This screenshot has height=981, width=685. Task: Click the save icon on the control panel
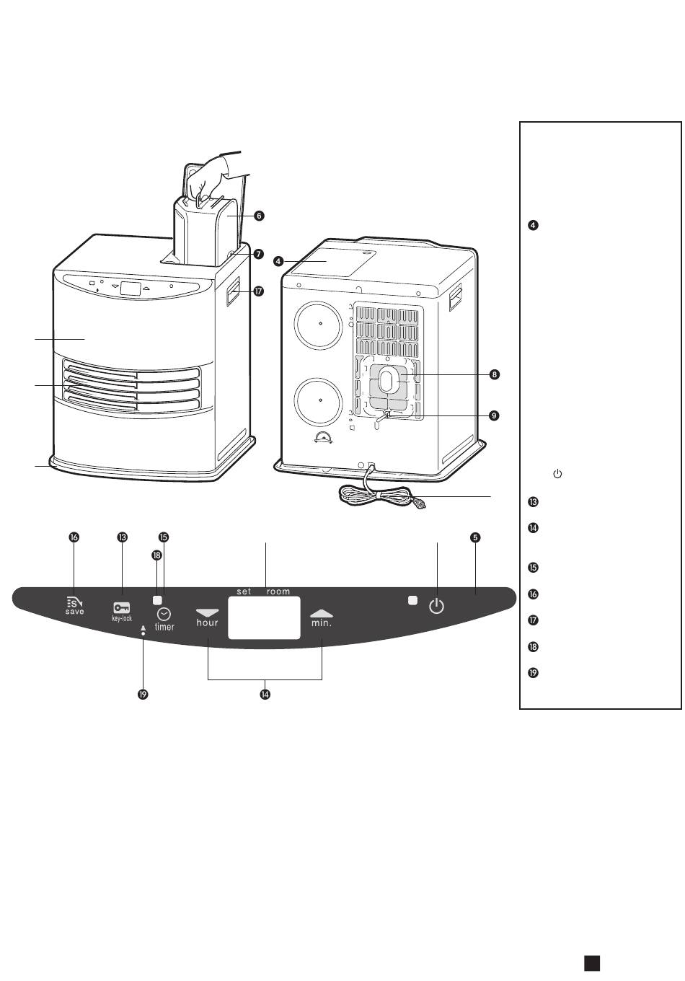click(x=74, y=602)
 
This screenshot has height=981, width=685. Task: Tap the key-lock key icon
click(x=122, y=608)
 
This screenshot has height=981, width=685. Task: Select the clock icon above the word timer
click(x=164, y=615)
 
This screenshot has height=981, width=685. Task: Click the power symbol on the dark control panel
click(x=436, y=607)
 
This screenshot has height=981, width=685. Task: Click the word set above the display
click(x=244, y=591)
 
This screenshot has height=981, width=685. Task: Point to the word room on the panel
click(x=278, y=591)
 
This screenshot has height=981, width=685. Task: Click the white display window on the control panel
click(x=265, y=617)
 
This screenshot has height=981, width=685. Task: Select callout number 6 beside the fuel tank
click(x=259, y=216)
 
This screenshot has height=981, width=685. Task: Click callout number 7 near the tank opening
click(x=259, y=254)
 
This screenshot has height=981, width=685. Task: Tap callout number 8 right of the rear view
click(x=494, y=374)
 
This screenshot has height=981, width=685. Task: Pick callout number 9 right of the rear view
click(x=494, y=415)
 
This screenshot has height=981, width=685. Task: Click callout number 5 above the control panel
click(x=475, y=537)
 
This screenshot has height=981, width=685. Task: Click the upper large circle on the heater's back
click(x=318, y=325)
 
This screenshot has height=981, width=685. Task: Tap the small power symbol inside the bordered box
click(x=557, y=473)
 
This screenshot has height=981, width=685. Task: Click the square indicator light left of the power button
click(x=412, y=600)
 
